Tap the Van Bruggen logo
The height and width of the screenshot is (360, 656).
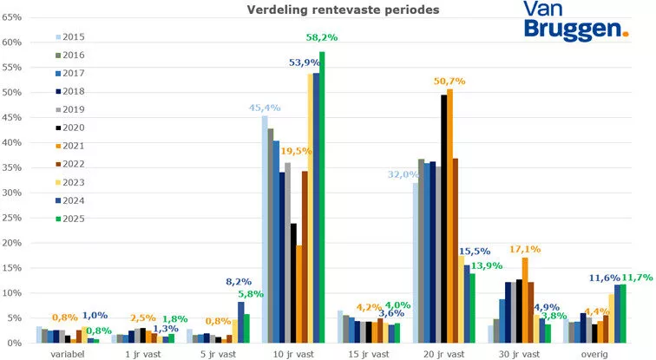(574, 20)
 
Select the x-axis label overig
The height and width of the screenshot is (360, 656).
(594, 353)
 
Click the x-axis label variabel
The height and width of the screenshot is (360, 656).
(67, 353)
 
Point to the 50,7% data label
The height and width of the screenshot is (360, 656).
(449, 81)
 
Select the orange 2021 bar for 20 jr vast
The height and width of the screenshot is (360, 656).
(449, 216)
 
